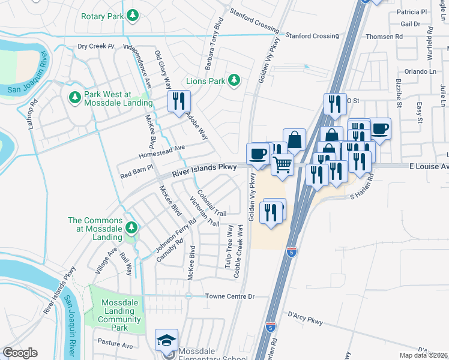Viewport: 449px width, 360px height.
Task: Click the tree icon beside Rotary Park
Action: (x=134, y=14)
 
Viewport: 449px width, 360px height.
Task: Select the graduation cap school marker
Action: (x=166, y=340)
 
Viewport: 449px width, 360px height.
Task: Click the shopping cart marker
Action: (x=282, y=164)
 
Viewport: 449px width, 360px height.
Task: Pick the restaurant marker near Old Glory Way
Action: (x=178, y=101)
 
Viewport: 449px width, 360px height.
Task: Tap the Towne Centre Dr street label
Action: (x=230, y=296)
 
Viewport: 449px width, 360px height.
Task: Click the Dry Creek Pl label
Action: (x=95, y=46)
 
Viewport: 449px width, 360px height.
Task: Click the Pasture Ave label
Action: (x=117, y=346)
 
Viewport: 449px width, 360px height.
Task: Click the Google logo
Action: (x=20, y=353)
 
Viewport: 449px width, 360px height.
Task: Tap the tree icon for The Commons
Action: (x=131, y=227)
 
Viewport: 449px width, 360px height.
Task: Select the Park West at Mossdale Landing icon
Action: (x=75, y=97)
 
